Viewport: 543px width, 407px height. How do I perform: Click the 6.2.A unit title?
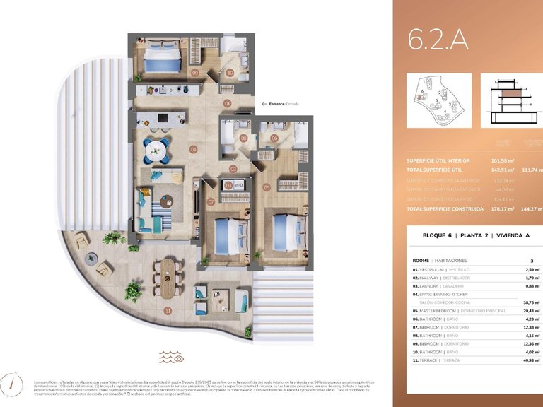tap(438, 40)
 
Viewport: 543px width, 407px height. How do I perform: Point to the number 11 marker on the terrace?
tap(168, 309)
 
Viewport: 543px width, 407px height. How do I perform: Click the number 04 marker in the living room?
tap(193, 149)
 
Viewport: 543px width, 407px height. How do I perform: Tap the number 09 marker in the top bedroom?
tap(194, 72)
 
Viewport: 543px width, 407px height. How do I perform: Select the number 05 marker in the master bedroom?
tap(267, 187)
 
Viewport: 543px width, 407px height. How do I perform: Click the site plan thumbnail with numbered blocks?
tap(438, 101)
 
